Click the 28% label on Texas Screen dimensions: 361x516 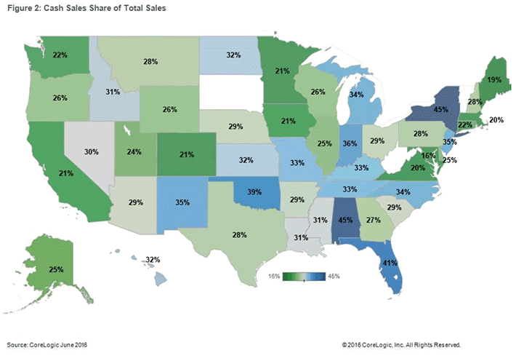[240, 234]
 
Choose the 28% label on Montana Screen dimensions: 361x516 [151, 63]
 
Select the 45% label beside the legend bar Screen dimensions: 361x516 [333, 277]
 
